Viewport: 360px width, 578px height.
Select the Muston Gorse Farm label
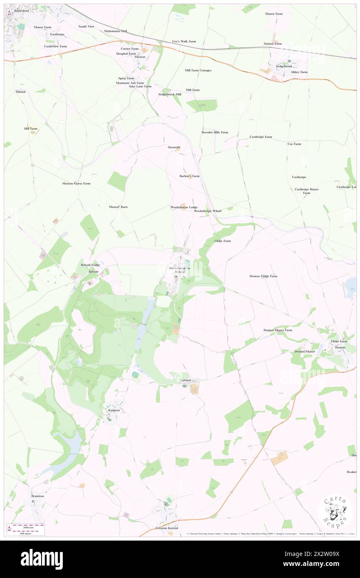tap(76, 183)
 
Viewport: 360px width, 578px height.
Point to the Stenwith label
tap(174, 147)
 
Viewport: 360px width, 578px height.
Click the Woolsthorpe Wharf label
tap(208, 211)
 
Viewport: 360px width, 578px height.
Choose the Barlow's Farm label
tap(189, 176)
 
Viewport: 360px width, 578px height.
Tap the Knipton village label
tap(114, 410)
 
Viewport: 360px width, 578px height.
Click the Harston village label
tap(185, 380)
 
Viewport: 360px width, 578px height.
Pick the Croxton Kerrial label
tap(167, 528)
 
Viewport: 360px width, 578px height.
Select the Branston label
tap(37, 496)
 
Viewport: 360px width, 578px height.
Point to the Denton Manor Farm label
tap(278, 330)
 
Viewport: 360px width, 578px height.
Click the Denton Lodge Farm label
tap(263, 276)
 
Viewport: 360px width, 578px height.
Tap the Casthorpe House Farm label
tap(306, 191)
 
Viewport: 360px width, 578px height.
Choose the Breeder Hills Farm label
tap(215, 132)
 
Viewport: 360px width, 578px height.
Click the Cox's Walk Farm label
tap(184, 42)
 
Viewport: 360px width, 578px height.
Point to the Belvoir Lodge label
tap(90, 265)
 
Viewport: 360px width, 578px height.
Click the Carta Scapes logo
tap(335, 511)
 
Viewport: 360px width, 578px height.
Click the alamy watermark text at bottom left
tap(42, 559)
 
